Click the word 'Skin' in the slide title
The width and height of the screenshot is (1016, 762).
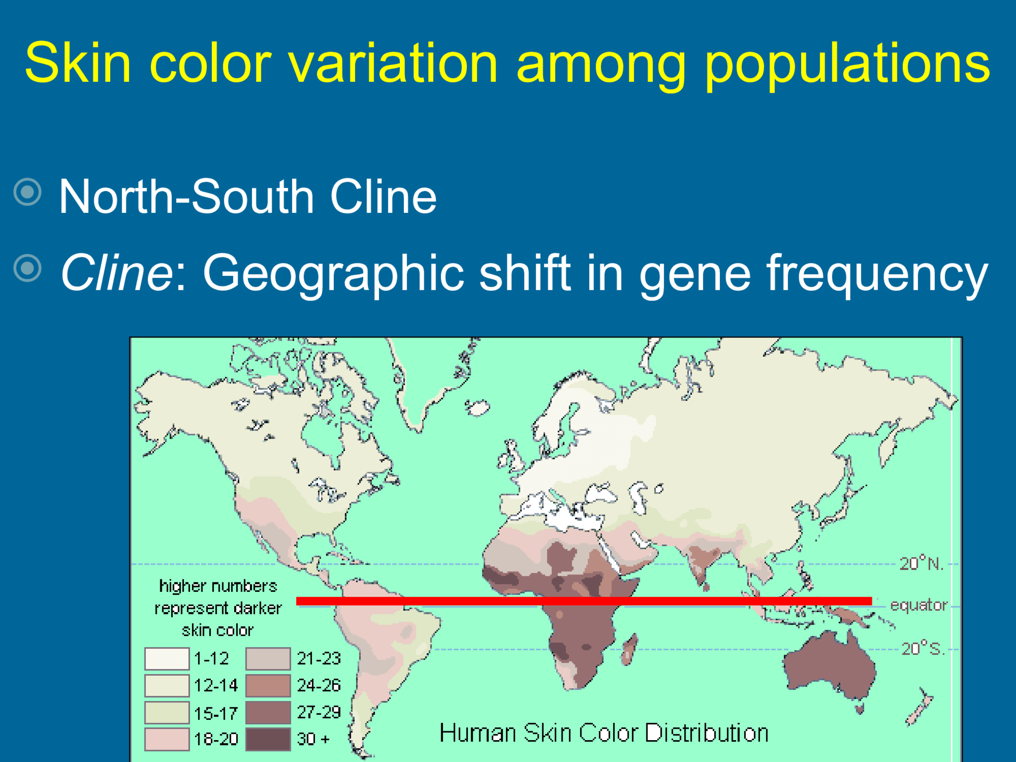click(x=78, y=63)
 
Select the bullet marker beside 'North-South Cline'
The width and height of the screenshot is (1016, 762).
click(x=27, y=192)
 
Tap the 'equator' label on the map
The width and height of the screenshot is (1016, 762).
click(x=919, y=605)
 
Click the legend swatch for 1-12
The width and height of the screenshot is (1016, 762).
click(x=167, y=659)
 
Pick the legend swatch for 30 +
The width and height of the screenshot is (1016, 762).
click(x=268, y=739)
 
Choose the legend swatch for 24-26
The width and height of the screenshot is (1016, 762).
click(x=268, y=686)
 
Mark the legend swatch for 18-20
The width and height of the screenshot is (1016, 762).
click(x=167, y=739)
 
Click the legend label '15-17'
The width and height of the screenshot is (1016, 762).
click(x=216, y=713)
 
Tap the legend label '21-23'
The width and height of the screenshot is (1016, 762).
click(x=318, y=659)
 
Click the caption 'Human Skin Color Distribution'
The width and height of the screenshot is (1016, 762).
click(x=604, y=733)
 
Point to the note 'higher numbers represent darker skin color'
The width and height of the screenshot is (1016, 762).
click(x=218, y=608)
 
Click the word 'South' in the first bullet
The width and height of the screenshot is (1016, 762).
click(x=253, y=196)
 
